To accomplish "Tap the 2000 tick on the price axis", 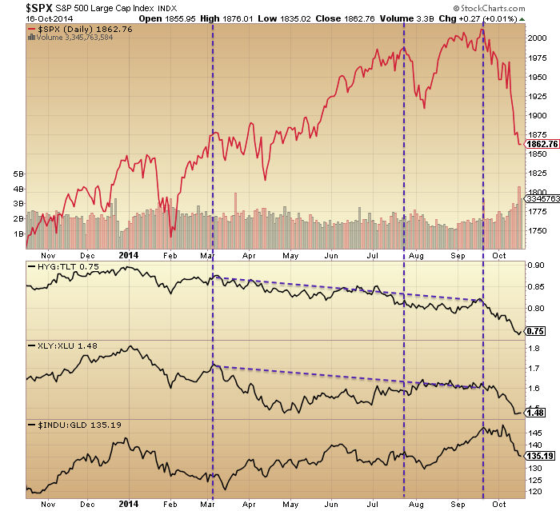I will point(537,38).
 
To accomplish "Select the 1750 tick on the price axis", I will point(537,230).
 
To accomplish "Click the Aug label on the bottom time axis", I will point(414,503).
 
